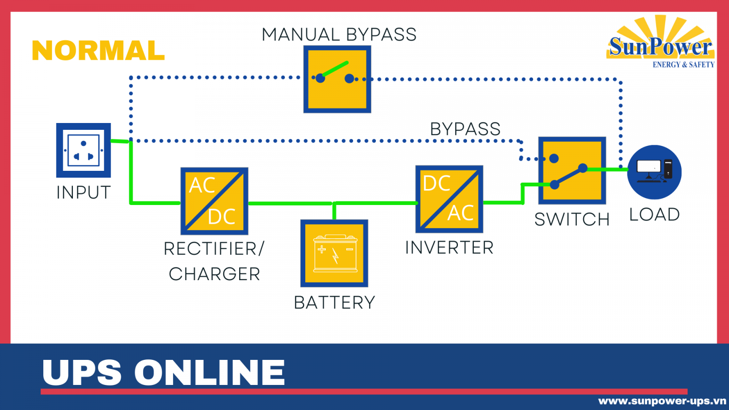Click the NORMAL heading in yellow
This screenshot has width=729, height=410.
(x=98, y=51)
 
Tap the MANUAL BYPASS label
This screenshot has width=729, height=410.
(x=339, y=35)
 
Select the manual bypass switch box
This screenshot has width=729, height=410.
(x=337, y=79)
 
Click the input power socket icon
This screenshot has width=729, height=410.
(x=83, y=150)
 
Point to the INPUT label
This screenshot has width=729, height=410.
(x=83, y=193)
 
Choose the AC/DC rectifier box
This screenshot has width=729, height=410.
(x=214, y=201)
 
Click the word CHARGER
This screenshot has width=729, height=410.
(x=214, y=274)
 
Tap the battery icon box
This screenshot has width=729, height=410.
(x=334, y=253)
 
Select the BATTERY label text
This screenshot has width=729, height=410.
(x=334, y=302)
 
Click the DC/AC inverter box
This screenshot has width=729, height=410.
(x=449, y=199)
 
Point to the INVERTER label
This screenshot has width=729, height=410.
(x=449, y=248)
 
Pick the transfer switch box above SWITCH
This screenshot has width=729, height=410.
(x=572, y=170)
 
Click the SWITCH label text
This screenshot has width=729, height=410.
(x=572, y=220)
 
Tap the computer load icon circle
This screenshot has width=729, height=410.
(x=654, y=172)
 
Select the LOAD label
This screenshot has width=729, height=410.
(x=654, y=215)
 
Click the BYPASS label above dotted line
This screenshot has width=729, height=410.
(x=465, y=129)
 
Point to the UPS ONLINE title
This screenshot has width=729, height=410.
(x=164, y=372)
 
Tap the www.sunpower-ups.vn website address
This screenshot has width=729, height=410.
(x=662, y=401)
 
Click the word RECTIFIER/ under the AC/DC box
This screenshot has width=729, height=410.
(x=214, y=249)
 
